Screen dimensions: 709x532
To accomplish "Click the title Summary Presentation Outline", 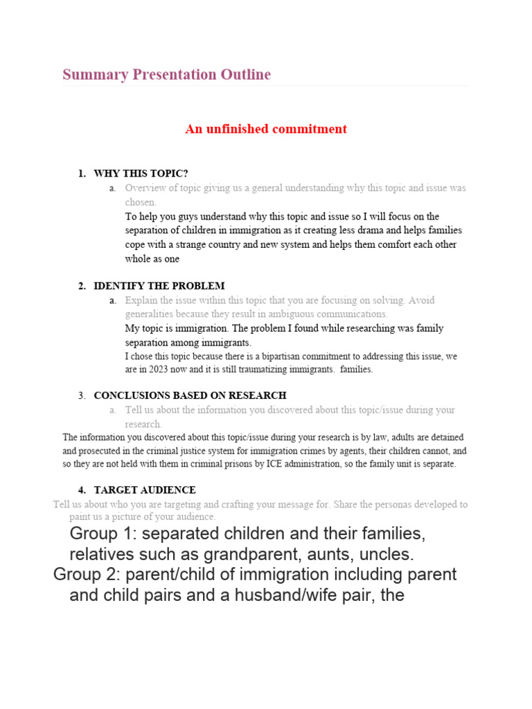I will coord(166,75).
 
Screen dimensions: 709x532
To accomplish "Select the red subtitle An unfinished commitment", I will coord(266,129).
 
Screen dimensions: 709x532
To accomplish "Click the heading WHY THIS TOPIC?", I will coord(141,173).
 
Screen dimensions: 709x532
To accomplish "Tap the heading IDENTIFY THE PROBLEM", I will coord(159,286).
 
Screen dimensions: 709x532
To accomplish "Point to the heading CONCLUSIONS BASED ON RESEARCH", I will coord(190,395).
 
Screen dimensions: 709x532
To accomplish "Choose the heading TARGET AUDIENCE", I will coord(145,490).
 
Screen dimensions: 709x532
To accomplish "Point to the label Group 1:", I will coord(103,534).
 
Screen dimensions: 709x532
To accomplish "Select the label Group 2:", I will coord(87,575).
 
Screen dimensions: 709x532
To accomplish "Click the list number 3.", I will coord(82,395).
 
